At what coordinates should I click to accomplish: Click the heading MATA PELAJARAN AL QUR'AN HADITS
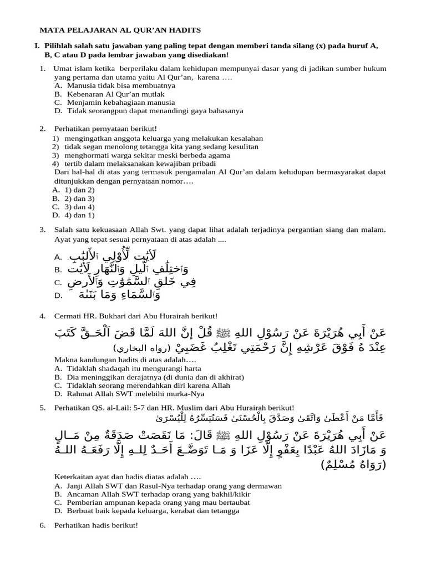120,30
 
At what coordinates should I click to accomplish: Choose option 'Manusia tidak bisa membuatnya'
121,86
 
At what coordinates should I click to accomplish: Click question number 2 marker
42,129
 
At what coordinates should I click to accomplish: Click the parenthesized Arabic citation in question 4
146,349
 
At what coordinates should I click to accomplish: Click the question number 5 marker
42,408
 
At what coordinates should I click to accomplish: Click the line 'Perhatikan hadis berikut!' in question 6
95,525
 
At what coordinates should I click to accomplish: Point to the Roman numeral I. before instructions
37,47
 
